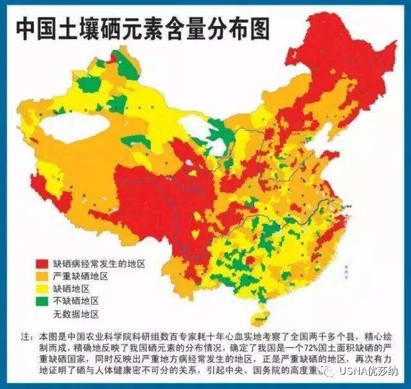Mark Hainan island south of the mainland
pos(261,316)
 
